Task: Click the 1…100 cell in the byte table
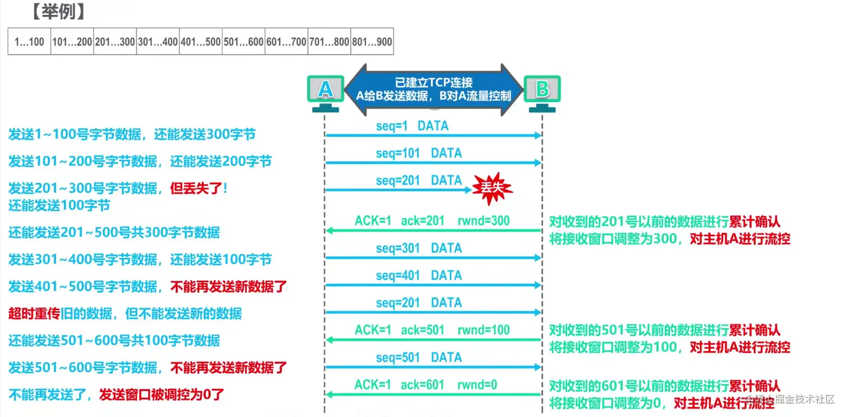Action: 29,41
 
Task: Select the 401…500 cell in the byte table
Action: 201,41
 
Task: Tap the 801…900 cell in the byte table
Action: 372,41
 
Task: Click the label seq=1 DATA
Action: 412,126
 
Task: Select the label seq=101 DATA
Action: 419,153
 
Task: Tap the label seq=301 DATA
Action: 419,248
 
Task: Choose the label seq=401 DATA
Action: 419,275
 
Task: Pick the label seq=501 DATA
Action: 419,357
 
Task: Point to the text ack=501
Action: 422,330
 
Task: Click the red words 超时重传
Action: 34,313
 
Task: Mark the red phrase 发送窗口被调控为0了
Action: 162,395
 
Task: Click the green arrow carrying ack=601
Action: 434,395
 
